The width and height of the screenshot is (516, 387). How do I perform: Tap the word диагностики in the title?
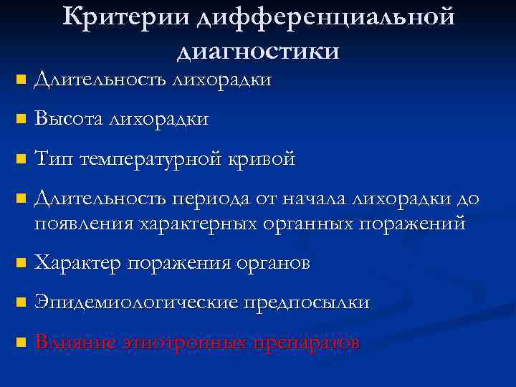258,51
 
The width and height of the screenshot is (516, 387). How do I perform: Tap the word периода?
204,199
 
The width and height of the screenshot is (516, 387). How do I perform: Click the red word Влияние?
72,343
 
